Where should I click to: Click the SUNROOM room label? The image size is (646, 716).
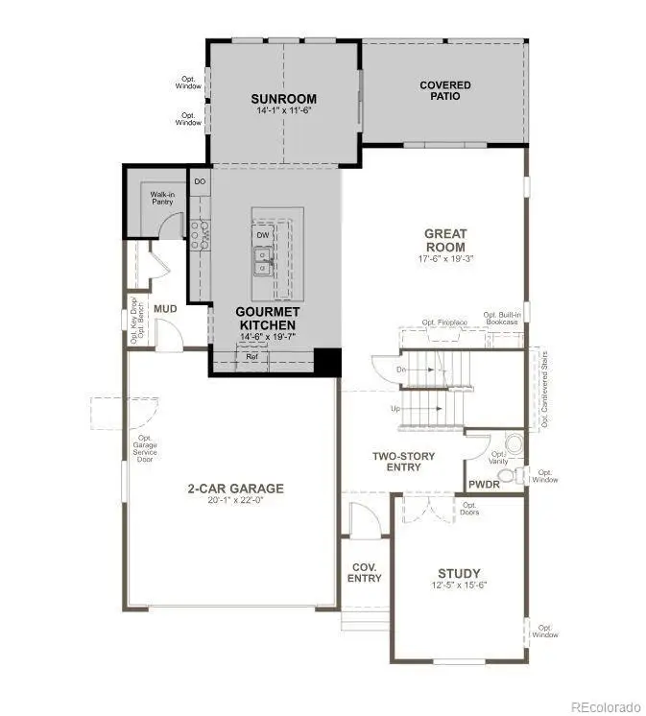click(x=283, y=99)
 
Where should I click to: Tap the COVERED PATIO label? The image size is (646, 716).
click(x=445, y=90)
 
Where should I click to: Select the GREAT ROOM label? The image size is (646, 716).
click(x=445, y=240)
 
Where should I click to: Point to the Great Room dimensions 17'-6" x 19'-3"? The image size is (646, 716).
click(x=445, y=258)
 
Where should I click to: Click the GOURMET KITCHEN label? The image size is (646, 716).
click(x=269, y=318)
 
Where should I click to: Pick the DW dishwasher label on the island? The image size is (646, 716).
click(x=262, y=234)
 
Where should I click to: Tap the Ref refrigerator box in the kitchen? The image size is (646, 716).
click(x=251, y=357)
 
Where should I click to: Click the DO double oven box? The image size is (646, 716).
click(x=200, y=180)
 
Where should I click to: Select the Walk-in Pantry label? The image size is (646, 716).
click(x=161, y=199)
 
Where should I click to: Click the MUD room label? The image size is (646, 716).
click(x=166, y=309)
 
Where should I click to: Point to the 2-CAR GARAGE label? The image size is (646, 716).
click(x=235, y=488)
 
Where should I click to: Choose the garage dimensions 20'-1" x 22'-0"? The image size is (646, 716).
click(x=235, y=501)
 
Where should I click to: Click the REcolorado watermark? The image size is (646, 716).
click(x=604, y=706)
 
